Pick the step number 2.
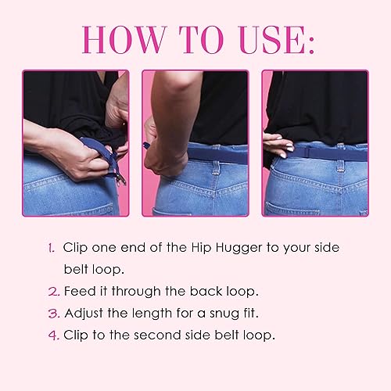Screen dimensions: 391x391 52,292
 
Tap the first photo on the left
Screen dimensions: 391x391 70,143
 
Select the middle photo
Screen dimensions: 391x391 195,143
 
